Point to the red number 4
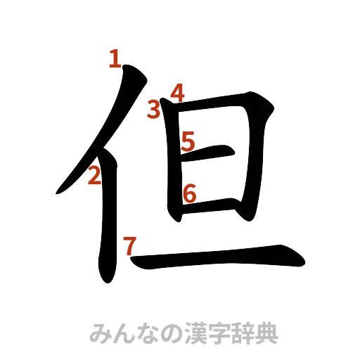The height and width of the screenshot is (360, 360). click(177, 92)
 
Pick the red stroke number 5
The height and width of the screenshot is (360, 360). click(187, 141)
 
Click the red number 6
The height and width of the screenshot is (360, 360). click(188, 192)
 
